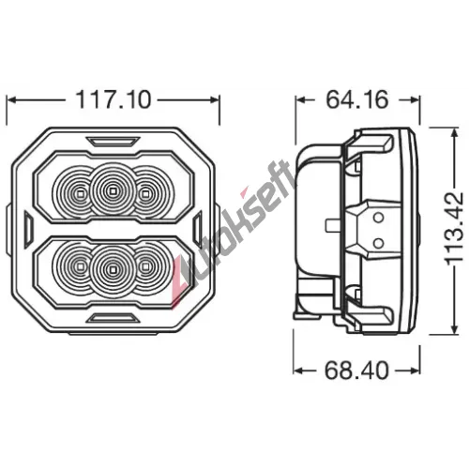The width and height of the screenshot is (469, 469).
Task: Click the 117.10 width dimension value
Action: (x=113, y=99)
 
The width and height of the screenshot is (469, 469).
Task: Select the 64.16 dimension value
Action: (x=357, y=99)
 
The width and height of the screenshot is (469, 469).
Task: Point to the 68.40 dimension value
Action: (x=356, y=371)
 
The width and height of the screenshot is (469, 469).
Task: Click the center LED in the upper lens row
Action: (x=112, y=190)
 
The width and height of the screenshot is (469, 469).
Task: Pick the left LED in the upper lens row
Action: (x=80, y=194)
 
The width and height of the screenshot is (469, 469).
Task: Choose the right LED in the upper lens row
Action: (x=144, y=194)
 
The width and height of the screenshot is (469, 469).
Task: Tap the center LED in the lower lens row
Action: (x=113, y=269)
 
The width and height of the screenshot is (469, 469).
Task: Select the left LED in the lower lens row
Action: (x=80, y=266)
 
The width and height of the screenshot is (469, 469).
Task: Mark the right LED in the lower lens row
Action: (x=144, y=266)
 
